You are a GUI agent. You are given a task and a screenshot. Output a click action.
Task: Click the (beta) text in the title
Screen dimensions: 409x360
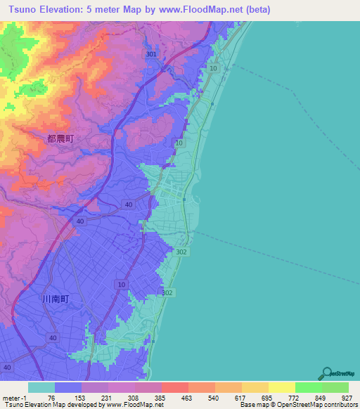tap(257, 10)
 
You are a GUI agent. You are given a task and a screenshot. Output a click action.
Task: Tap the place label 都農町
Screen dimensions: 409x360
tap(60, 139)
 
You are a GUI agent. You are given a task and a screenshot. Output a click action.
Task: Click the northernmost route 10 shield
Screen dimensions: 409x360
tap(214, 67)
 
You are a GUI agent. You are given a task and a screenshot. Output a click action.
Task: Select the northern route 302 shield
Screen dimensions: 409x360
tap(201, 250)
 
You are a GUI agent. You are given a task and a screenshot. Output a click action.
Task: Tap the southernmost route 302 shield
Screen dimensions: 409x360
tap(167, 292)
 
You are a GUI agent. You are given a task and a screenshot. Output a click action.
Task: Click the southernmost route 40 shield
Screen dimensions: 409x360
tap(7, 368)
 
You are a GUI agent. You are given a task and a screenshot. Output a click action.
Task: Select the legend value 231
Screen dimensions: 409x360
tap(105, 397)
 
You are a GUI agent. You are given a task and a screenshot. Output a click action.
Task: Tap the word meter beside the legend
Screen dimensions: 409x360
tap(11, 397)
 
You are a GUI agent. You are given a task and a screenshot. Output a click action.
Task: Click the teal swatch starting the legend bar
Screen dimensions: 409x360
tap(41, 387)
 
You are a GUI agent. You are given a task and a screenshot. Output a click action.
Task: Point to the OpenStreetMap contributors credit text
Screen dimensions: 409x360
tap(316, 405)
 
